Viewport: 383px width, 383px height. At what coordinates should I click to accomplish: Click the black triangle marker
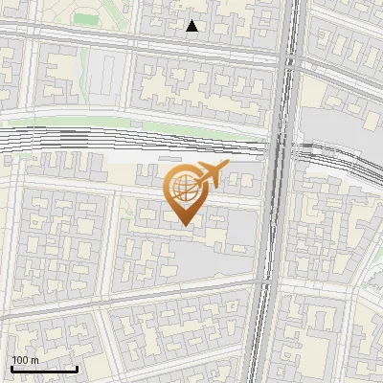[x=192, y=27]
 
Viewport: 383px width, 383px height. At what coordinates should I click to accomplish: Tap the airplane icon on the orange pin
[x=211, y=174]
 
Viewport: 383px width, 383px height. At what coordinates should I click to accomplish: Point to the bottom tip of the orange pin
[x=185, y=225]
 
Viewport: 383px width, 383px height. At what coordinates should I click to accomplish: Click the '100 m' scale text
[x=25, y=360]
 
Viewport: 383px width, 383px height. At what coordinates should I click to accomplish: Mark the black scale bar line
[x=44, y=369]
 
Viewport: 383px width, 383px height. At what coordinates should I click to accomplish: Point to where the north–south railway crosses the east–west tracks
[x=279, y=148]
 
